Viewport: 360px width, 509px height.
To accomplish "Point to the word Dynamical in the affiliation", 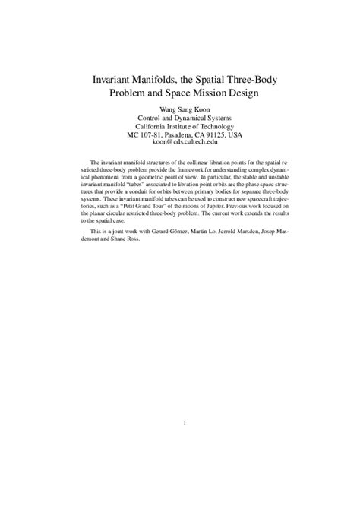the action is (x=191, y=118).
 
